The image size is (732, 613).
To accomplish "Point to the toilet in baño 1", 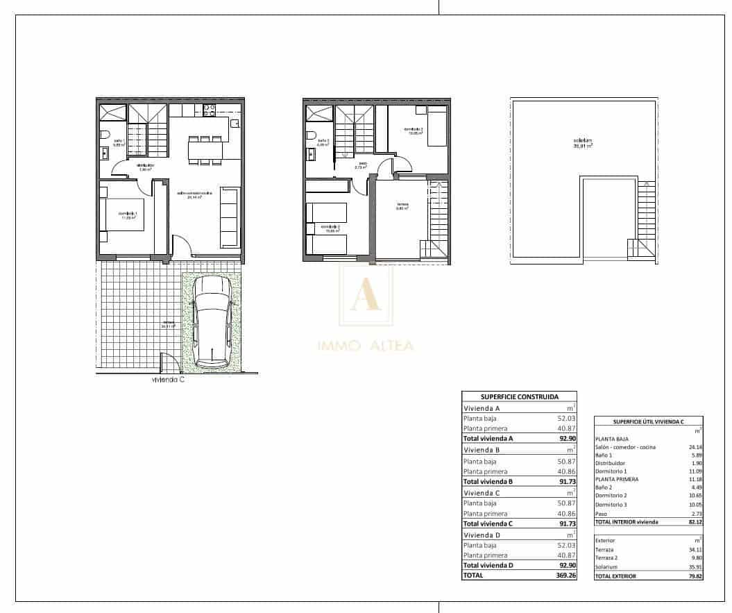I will tap(103, 135).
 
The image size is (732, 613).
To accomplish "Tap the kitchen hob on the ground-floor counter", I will tap(207, 111).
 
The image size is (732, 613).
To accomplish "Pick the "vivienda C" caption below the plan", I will tap(169, 380).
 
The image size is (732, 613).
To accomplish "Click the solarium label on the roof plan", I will tap(582, 143).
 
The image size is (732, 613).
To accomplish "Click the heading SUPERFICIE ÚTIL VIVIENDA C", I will tap(649, 421).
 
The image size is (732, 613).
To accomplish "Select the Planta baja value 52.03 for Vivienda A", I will tap(564, 419).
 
